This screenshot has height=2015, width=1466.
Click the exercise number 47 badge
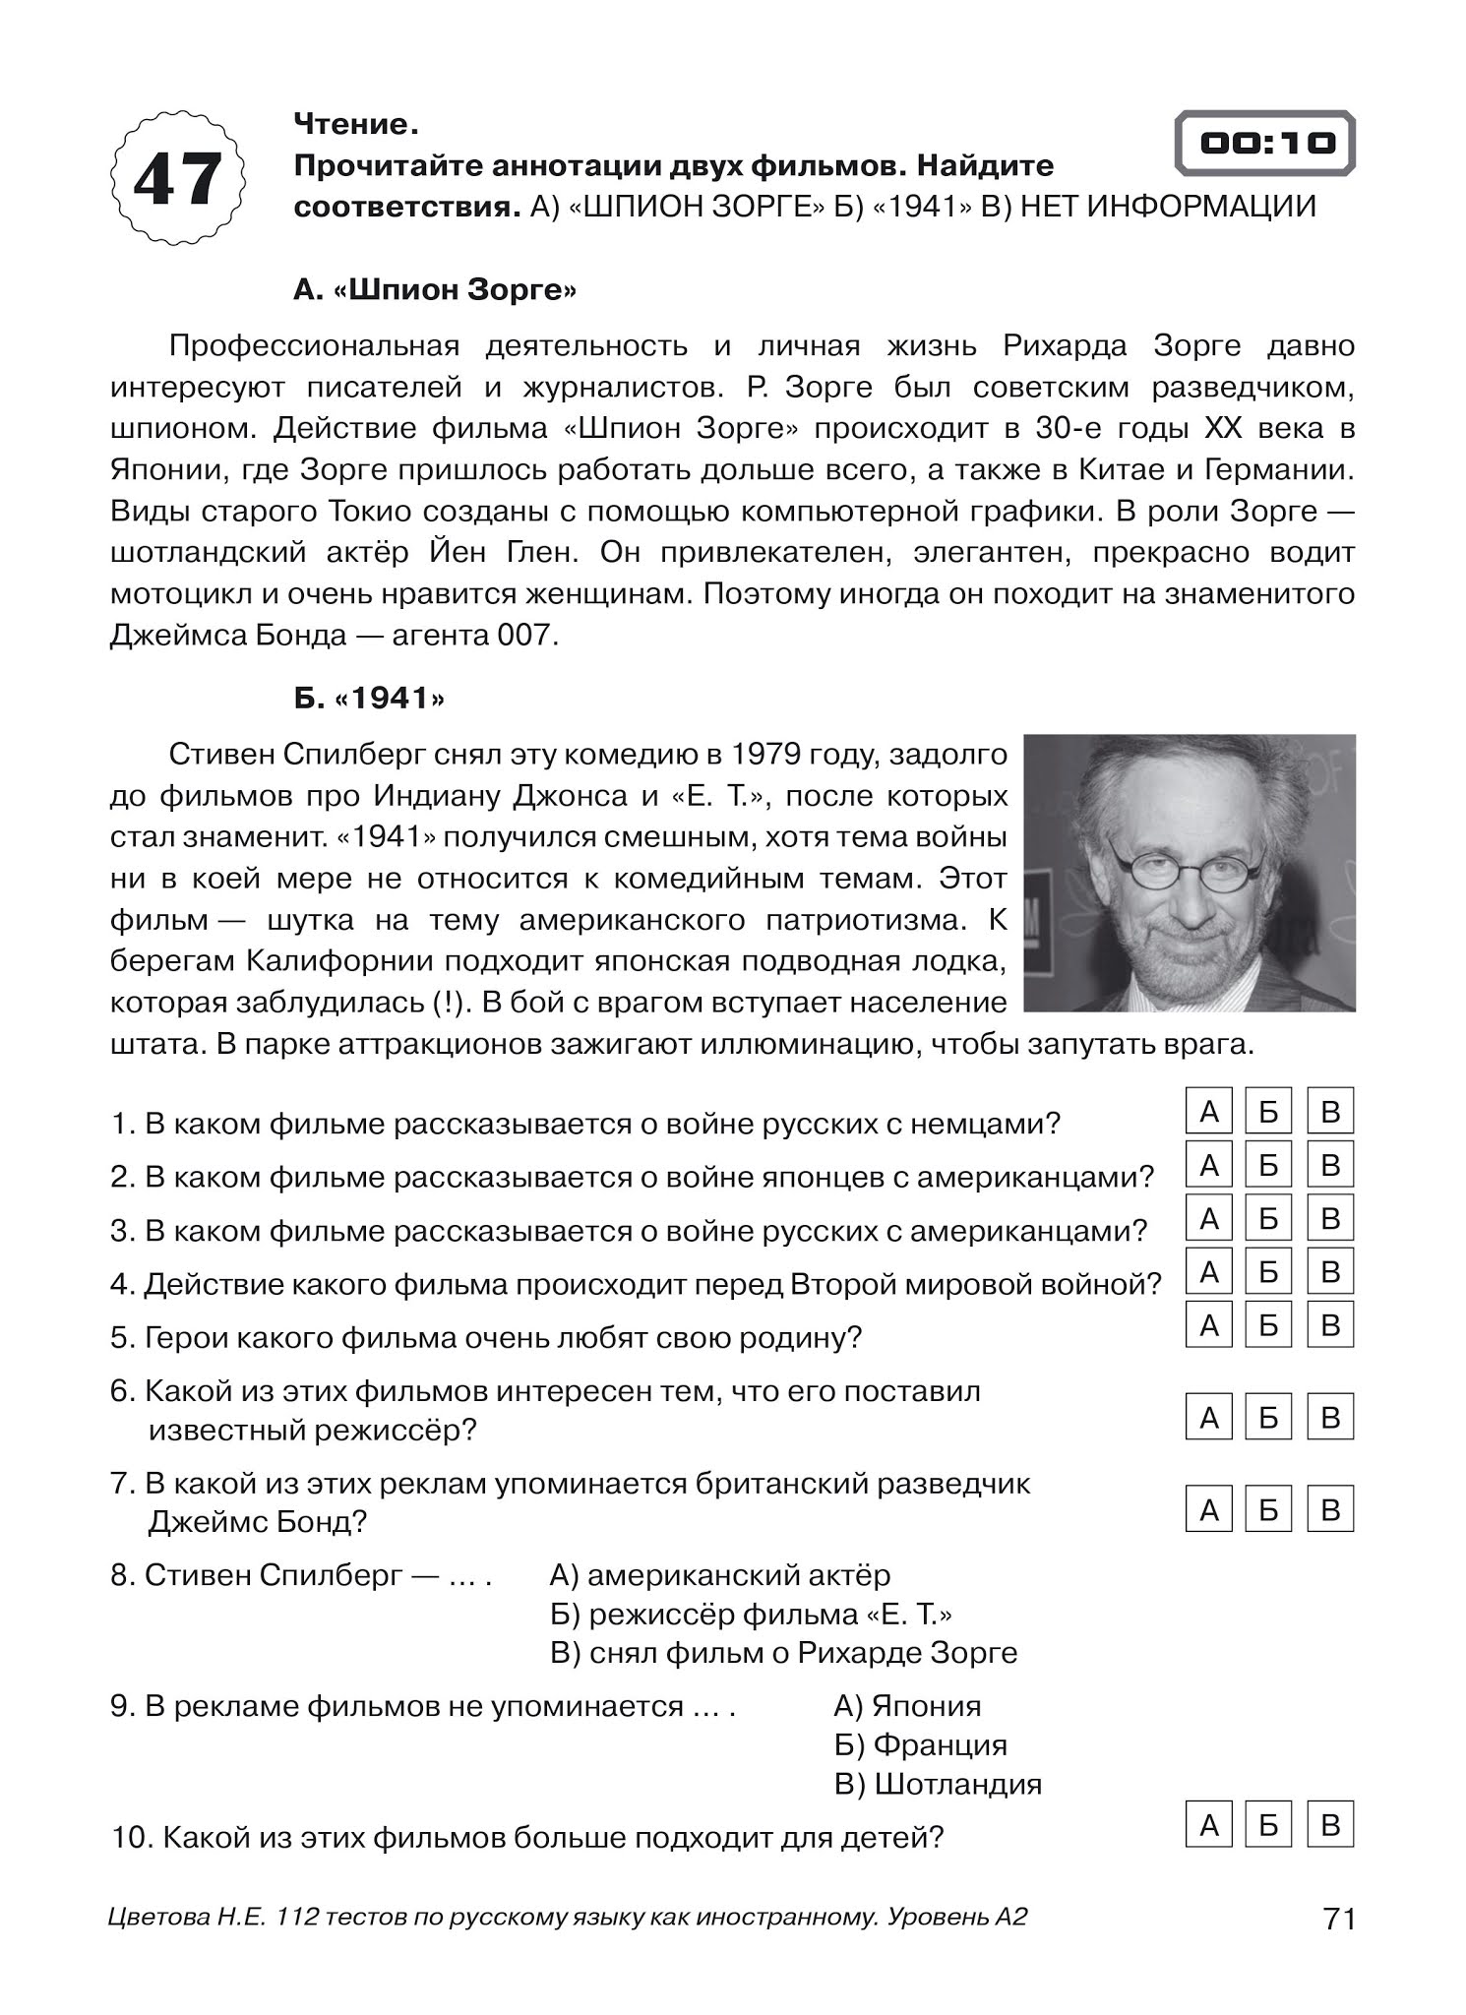[x=178, y=178]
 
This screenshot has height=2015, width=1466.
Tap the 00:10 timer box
[x=1265, y=144]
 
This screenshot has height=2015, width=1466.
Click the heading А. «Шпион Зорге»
[x=435, y=290]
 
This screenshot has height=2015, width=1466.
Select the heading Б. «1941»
[x=369, y=698]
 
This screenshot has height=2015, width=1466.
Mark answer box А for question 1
[x=1209, y=1112]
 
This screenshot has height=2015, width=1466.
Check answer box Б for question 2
[x=1268, y=1165]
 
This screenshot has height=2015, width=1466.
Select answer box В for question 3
[x=1330, y=1218]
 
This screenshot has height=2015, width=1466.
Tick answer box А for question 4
[x=1209, y=1271]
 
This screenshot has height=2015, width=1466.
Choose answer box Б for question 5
[x=1268, y=1324]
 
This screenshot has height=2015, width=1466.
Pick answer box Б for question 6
[x=1268, y=1417]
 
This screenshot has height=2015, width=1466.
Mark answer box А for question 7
[x=1209, y=1509]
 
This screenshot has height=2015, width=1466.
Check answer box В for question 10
[x=1330, y=1825]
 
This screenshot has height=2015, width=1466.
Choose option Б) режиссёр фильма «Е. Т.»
[x=751, y=1615]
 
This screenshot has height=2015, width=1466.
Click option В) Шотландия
[x=938, y=1784]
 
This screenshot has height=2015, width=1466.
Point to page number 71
[x=1340, y=1919]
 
